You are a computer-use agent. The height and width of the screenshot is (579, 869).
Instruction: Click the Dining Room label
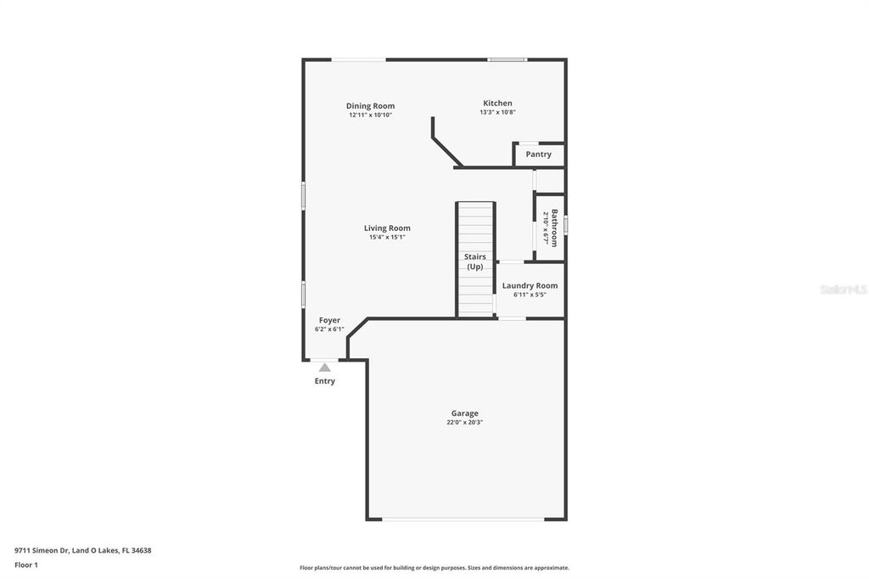[x=370, y=106]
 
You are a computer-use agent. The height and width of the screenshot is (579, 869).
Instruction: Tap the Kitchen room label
[x=497, y=104]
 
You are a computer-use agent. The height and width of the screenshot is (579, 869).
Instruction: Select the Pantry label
[x=538, y=155]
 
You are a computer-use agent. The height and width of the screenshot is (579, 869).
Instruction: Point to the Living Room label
[x=387, y=228]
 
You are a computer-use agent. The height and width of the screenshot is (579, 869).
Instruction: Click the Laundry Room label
[x=530, y=285]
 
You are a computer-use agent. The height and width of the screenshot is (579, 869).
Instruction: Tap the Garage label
[x=464, y=413]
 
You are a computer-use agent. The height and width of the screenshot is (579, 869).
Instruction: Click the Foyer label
[x=329, y=320]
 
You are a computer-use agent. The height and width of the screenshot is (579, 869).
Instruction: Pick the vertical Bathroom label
[x=554, y=228]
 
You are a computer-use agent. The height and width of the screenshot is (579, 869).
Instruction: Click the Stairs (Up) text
[x=474, y=261]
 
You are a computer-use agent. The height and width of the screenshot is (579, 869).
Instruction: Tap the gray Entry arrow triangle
[x=325, y=368]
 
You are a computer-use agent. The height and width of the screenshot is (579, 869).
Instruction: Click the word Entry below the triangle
[x=325, y=381]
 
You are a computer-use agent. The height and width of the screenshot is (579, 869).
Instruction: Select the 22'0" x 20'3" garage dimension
[x=464, y=423]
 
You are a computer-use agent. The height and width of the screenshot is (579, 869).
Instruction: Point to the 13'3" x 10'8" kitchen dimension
[x=497, y=112]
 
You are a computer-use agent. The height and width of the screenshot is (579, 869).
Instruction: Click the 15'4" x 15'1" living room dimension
[x=387, y=237]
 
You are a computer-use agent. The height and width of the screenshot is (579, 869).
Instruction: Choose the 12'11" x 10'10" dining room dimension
[x=370, y=115]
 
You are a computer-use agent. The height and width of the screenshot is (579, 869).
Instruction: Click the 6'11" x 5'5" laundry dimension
[x=530, y=295]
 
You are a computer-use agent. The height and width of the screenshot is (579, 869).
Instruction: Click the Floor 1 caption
[x=26, y=565]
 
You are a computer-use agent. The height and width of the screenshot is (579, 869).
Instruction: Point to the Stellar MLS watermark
[x=843, y=289]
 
